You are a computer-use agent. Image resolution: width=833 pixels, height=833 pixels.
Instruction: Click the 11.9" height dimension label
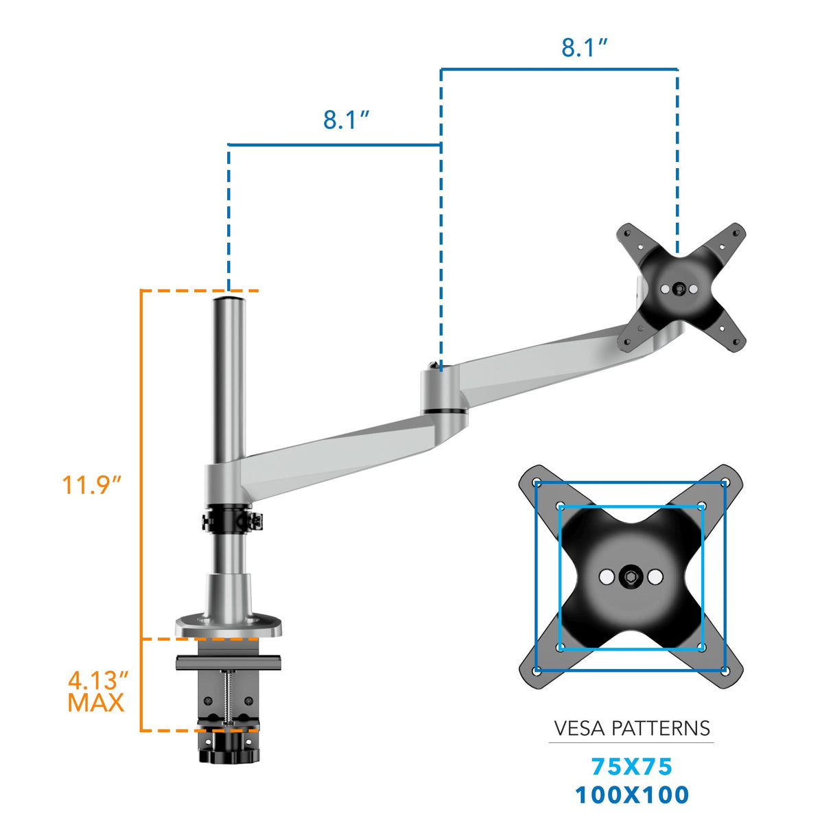coord(91,485)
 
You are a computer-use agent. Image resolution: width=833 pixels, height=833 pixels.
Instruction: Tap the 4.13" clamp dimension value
coord(97,681)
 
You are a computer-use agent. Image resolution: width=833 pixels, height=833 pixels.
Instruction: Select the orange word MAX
coord(96,703)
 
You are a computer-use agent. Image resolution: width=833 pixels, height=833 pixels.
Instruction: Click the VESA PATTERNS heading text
coord(631,728)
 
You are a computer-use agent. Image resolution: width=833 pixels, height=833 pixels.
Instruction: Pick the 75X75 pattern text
coord(631,766)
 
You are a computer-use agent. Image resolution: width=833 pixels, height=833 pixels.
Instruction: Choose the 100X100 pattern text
coord(631,795)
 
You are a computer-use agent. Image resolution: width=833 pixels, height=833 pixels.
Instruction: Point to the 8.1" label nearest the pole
coord(346,120)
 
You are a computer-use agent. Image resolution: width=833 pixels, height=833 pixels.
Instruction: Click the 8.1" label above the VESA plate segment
coord(584,48)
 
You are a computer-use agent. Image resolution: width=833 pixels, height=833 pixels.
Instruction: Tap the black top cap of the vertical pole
coord(228,299)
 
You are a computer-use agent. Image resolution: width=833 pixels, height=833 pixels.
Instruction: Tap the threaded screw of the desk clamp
coord(226,693)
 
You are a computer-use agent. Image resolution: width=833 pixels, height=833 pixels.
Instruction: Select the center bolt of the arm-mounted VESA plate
coord(679,290)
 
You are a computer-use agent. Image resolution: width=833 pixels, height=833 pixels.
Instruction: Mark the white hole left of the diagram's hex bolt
coord(606,577)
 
